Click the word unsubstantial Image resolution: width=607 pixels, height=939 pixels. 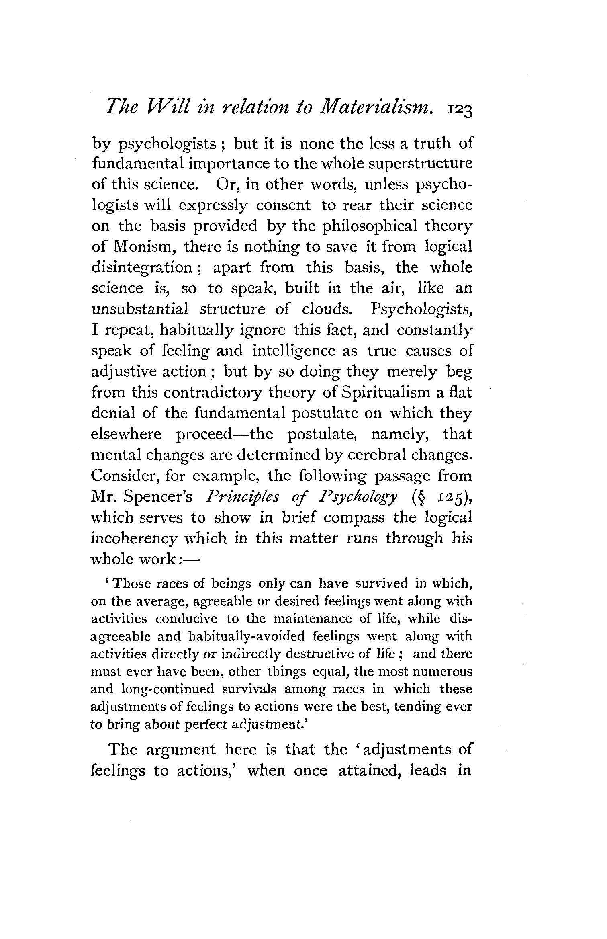coord(140,310)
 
